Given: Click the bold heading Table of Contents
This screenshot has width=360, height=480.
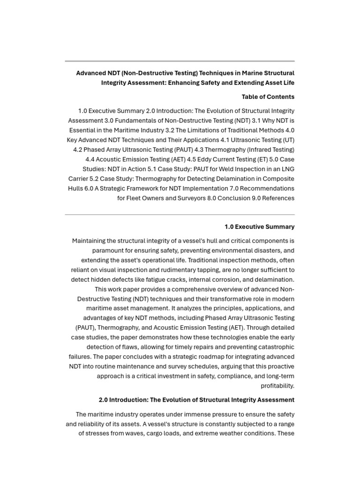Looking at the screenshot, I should coord(268,97).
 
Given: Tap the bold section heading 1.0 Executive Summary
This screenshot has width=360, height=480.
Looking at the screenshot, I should coord(259,226).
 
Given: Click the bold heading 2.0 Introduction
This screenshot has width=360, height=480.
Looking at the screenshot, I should coord(196,400).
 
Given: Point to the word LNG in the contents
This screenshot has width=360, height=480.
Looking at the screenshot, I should coord(287,169).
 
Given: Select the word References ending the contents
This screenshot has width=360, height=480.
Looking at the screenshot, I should coord(278,198).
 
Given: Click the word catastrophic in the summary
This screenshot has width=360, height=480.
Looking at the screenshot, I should coord(273,347).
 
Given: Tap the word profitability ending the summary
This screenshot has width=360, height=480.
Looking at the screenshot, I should coord(277,386).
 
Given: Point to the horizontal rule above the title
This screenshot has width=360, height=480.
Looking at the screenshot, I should coord(180,61).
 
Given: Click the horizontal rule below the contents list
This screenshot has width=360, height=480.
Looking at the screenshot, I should coord(180,214).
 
